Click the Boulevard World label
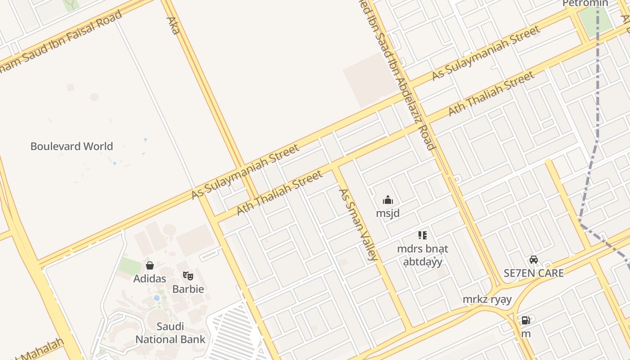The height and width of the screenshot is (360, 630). tap(72, 146)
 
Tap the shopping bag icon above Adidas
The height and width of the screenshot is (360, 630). tap(150, 265)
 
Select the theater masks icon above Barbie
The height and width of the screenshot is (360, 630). tap(188, 275)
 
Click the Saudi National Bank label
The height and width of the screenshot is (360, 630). tap(171, 333)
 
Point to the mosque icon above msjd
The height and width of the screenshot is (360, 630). tap(387, 200)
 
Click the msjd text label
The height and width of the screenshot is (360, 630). tap(387, 213)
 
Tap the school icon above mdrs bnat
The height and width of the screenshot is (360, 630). tap(422, 235)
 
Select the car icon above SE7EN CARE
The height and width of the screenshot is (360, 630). tap(534, 260)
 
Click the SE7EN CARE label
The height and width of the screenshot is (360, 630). tap(534, 273)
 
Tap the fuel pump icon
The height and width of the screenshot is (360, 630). tap(526, 320)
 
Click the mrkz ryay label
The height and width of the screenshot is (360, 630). tap(487, 299)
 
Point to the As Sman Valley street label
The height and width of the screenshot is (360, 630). tap(358, 225)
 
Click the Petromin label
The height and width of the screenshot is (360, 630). tap(585, 4)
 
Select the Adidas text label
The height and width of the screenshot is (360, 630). tap(150, 279)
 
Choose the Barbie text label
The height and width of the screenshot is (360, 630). tap(188, 289)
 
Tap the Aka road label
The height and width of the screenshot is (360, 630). tap(173, 25)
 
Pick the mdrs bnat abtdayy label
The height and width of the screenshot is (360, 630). tap(423, 255)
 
